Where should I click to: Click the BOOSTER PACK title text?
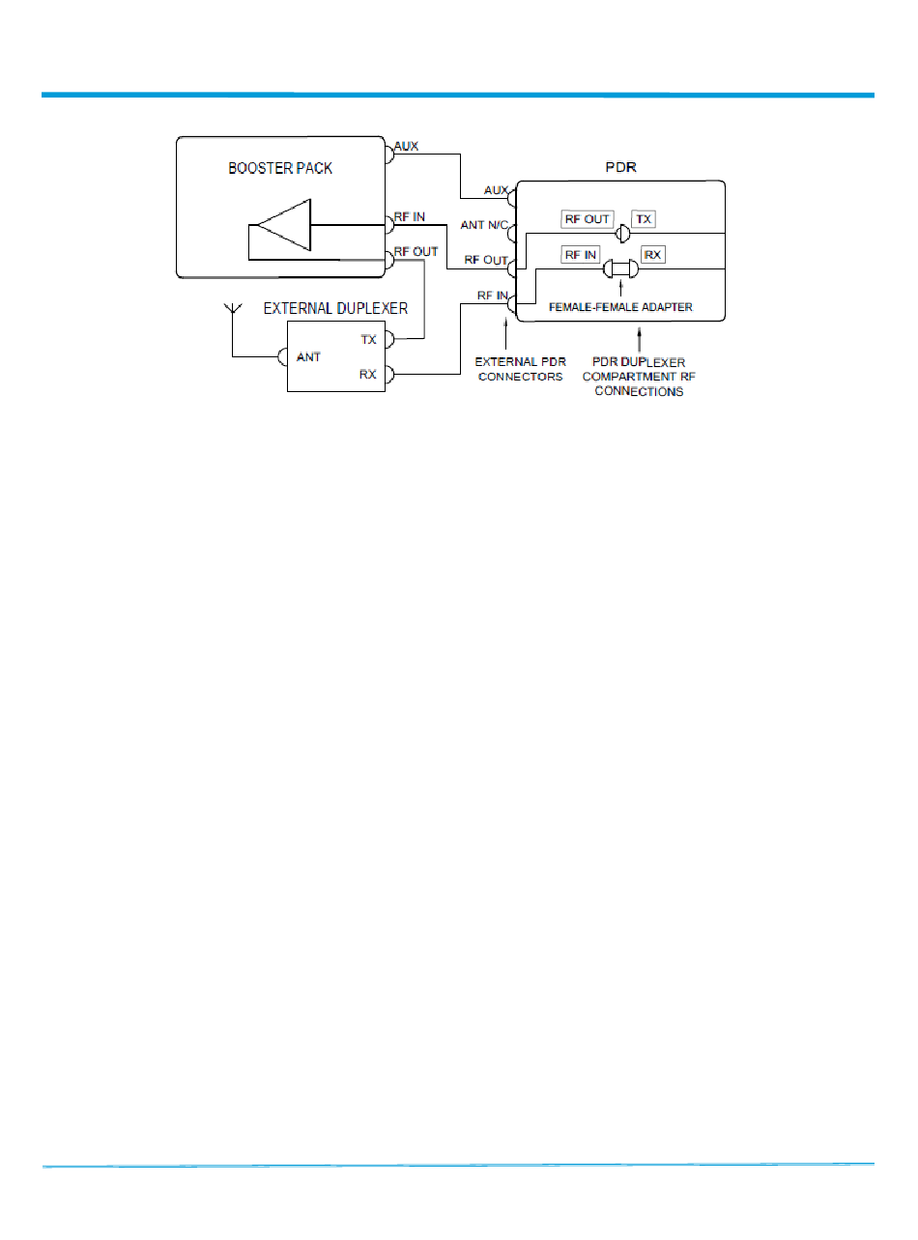[x=280, y=167]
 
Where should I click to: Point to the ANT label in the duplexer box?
[x=308, y=357]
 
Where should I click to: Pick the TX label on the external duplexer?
[x=368, y=339]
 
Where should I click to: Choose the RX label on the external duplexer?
[x=368, y=374]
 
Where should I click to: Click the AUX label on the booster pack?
[x=406, y=148]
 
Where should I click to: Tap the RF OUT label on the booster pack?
[x=416, y=251]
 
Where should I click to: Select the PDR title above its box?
[x=619, y=167]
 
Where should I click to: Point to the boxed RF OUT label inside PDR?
[x=588, y=219]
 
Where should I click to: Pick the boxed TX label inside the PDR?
[x=645, y=219]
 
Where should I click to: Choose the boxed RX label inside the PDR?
[x=653, y=255]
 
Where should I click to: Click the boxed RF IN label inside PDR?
[x=581, y=255]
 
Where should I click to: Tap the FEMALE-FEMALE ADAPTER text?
[x=619, y=307]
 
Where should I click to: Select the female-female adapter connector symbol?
[x=619, y=269]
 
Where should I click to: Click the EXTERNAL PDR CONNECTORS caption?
[x=520, y=370]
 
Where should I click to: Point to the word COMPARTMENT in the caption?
[x=639, y=377]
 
